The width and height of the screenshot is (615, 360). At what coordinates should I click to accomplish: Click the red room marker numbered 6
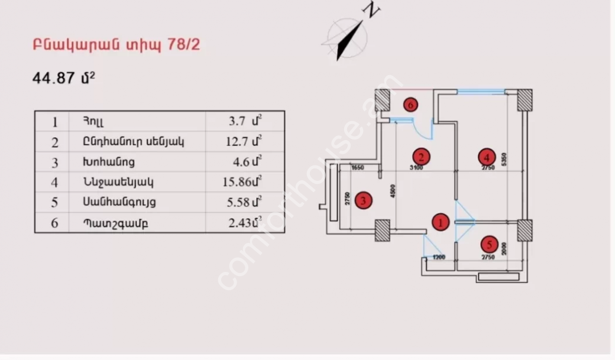pyautogui.click(x=411, y=105)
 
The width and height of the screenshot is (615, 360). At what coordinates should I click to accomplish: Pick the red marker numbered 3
pyautogui.click(x=364, y=200)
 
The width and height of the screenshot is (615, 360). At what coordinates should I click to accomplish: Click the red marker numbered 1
pyautogui.click(x=441, y=222)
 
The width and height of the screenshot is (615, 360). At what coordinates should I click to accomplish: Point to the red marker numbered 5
pyautogui.click(x=488, y=244)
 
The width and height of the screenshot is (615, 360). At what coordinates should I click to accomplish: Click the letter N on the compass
pyautogui.click(x=371, y=9)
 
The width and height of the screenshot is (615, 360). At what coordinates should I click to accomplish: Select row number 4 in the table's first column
pyautogui.click(x=55, y=182)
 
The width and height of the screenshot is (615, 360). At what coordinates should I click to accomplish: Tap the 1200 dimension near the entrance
pyautogui.click(x=438, y=257)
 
